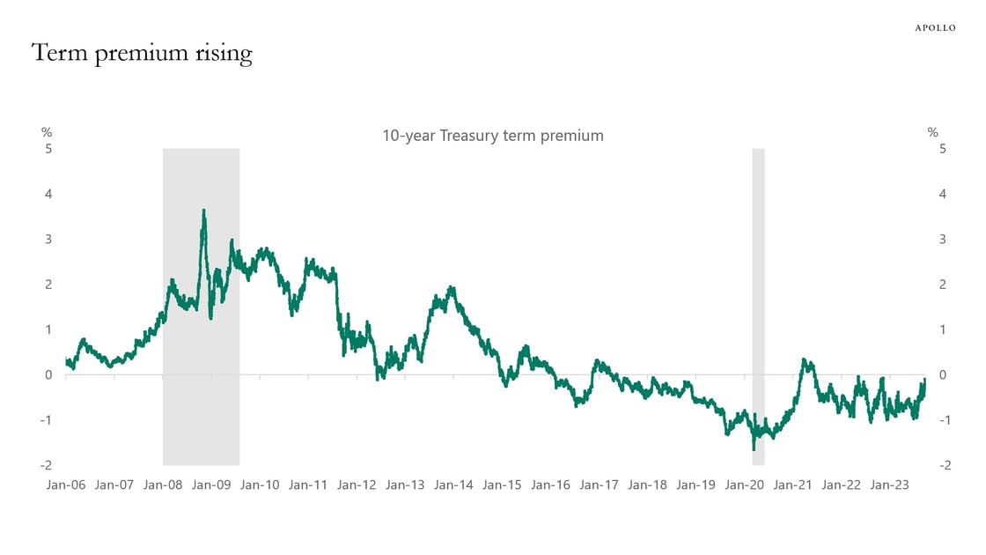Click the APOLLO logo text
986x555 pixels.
[935, 28]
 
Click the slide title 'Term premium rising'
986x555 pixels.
[142, 55]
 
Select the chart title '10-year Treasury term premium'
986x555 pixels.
[492, 136]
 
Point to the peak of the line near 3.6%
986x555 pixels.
[204, 211]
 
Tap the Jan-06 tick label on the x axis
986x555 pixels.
[66, 485]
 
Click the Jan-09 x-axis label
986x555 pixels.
[211, 485]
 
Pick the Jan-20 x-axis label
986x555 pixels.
[745, 485]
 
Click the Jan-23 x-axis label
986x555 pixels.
[890, 485]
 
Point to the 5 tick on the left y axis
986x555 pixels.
[49, 149]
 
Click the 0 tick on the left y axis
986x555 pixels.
[49, 374]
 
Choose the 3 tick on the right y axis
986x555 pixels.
[943, 239]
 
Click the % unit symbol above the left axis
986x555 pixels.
[47, 132]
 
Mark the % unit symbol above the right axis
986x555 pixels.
[933, 132]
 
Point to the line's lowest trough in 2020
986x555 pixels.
[754, 449]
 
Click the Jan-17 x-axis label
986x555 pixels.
[600, 485]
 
